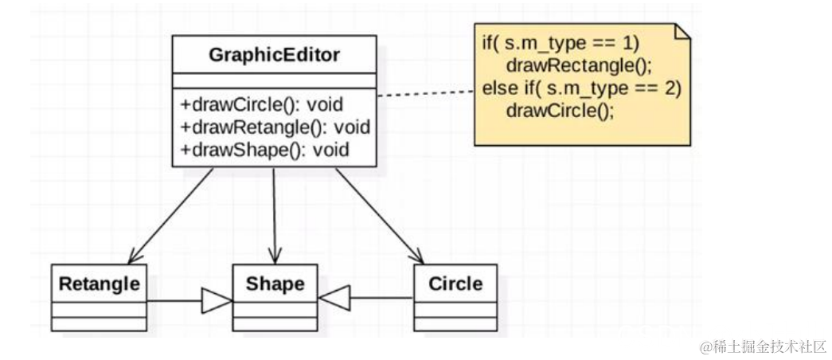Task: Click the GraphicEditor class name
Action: click(274, 55)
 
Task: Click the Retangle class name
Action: click(99, 284)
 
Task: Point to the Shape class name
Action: click(274, 284)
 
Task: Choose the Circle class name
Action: click(455, 284)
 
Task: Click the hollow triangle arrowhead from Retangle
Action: click(216, 300)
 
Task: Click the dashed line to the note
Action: click(425, 92)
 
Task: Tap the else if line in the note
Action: click(581, 88)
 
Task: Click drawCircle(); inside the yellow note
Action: click(560, 110)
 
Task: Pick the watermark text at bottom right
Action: click(763, 346)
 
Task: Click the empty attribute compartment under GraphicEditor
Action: click(274, 80)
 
